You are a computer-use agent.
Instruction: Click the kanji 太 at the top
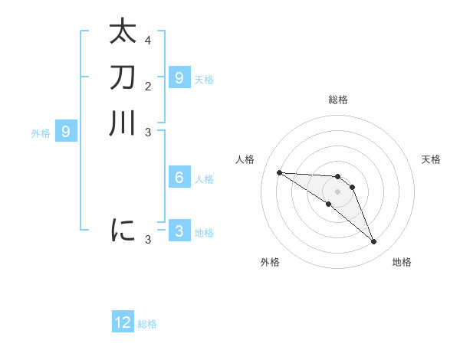pyautogui.click(x=123, y=32)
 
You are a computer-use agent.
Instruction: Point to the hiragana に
pyautogui.click(x=123, y=229)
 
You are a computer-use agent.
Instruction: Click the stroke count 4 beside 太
pyautogui.click(x=148, y=40)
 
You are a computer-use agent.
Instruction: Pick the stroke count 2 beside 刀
pyautogui.click(x=148, y=85)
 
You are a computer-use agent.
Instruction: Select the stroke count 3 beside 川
pyautogui.click(x=148, y=131)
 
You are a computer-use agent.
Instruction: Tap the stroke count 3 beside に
pyautogui.click(x=148, y=240)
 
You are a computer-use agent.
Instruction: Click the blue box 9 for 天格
pyautogui.click(x=179, y=77)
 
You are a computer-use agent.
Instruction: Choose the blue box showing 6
pyautogui.click(x=179, y=178)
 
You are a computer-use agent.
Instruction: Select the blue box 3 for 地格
pyautogui.click(x=179, y=231)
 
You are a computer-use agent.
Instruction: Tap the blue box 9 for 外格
pyautogui.click(x=66, y=132)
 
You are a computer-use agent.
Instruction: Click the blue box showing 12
pyautogui.click(x=123, y=322)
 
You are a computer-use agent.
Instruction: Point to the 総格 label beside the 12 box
pyautogui.click(x=147, y=324)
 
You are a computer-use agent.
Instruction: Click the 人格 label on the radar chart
pyautogui.click(x=245, y=159)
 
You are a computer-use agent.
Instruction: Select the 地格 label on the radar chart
pyautogui.click(x=402, y=262)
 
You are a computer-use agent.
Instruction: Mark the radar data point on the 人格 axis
pyautogui.click(x=279, y=172)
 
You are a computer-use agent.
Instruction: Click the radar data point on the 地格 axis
pyautogui.click(x=373, y=242)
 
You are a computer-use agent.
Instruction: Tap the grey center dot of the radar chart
pyautogui.click(x=337, y=191)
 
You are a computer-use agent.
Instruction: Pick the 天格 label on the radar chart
pyautogui.click(x=431, y=159)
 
